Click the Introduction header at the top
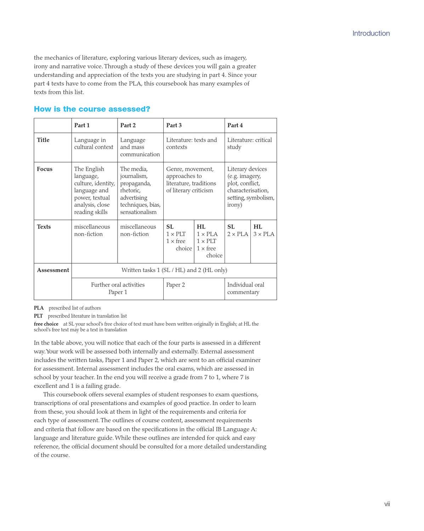371,33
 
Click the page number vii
387,504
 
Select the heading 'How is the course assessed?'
92,109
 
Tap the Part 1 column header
82,125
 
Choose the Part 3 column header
174,125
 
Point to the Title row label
43,140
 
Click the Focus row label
45,169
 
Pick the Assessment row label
53,270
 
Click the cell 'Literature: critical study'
249,143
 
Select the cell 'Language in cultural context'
94,143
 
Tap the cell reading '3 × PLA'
264,234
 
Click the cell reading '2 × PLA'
238,234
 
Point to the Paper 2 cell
175,285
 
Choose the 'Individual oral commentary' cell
245,288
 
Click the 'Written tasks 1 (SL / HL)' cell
174,270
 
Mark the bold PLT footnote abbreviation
38,316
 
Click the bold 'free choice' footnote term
46,324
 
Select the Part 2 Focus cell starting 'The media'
140,191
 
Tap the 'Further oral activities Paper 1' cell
118,288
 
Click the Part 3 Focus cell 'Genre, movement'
191,180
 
